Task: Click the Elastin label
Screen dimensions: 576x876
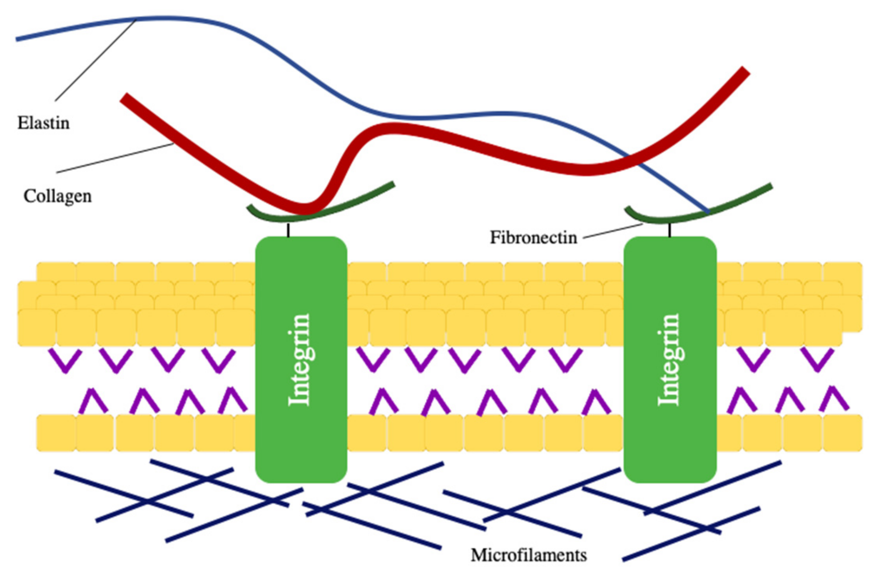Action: pyautogui.click(x=43, y=123)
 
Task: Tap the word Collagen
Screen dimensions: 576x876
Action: pyautogui.click(x=57, y=196)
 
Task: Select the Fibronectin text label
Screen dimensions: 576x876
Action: pyautogui.click(x=533, y=237)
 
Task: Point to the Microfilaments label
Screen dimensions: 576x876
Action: pyautogui.click(x=528, y=555)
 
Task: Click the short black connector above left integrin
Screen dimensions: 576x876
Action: pyautogui.click(x=288, y=230)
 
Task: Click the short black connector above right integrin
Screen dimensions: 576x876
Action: pyautogui.click(x=669, y=230)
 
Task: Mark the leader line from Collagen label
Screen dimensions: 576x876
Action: pyautogui.click(x=114, y=158)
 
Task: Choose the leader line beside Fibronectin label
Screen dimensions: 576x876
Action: pyautogui.click(x=612, y=231)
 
